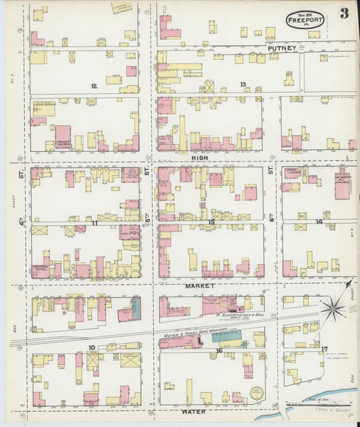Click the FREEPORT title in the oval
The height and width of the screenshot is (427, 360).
[305, 21]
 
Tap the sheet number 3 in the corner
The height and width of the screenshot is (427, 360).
[344, 14]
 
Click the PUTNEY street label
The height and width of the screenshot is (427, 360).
[281, 48]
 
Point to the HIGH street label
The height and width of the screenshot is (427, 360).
[199, 157]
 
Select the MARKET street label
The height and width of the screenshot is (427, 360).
[199, 286]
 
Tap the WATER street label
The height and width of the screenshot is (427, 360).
[193, 411]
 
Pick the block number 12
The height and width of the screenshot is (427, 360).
[94, 86]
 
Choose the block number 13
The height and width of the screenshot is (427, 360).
[242, 84]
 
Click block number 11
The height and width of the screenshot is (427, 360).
[95, 222]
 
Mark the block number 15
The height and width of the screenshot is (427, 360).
[211, 222]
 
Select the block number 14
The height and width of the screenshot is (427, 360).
[319, 222]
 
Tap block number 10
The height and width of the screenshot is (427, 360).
[91, 348]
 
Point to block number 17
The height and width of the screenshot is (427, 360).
[324, 349]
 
